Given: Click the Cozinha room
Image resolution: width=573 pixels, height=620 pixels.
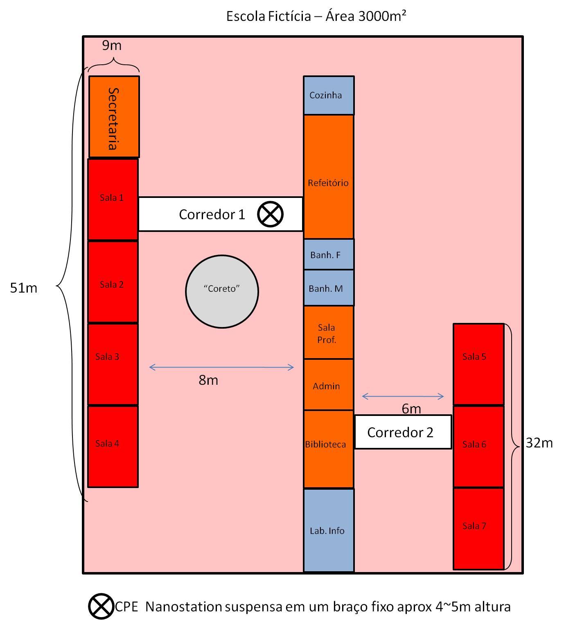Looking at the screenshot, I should (x=329, y=95).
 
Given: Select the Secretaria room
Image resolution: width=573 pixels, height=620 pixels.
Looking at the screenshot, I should (x=114, y=117).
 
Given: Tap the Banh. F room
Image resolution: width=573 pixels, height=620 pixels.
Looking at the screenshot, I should (x=329, y=254).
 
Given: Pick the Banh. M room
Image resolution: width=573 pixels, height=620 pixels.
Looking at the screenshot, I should (x=329, y=288).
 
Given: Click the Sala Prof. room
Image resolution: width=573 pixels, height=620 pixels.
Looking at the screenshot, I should (x=328, y=333).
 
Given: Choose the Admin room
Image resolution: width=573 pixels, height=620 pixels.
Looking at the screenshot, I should (x=328, y=385).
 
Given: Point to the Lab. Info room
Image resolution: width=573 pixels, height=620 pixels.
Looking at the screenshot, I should (x=328, y=530).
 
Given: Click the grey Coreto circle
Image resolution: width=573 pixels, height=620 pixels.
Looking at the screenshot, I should (x=222, y=291).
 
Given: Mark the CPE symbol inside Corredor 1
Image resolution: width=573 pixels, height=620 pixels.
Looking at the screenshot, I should (x=271, y=214).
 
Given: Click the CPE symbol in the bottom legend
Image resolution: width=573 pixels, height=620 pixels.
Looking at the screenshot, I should (x=101, y=606).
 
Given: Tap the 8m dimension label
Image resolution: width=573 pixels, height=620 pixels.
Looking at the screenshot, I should (x=208, y=380).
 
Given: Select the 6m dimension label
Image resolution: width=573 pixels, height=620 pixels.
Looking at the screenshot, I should (x=411, y=409).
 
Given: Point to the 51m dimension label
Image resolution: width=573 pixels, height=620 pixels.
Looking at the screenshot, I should (x=24, y=288).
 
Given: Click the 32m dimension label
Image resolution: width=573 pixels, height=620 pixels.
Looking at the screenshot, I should (x=539, y=443).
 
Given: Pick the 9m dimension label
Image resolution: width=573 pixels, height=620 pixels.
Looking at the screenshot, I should (x=112, y=45).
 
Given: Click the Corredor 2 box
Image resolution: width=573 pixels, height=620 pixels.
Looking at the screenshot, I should (x=403, y=432).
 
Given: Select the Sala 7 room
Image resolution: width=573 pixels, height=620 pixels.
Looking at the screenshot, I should (x=478, y=528).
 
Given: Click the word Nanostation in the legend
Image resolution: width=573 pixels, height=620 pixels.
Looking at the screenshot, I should (x=183, y=606).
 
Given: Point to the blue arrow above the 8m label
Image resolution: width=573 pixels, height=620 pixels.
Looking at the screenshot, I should (x=221, y=367).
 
